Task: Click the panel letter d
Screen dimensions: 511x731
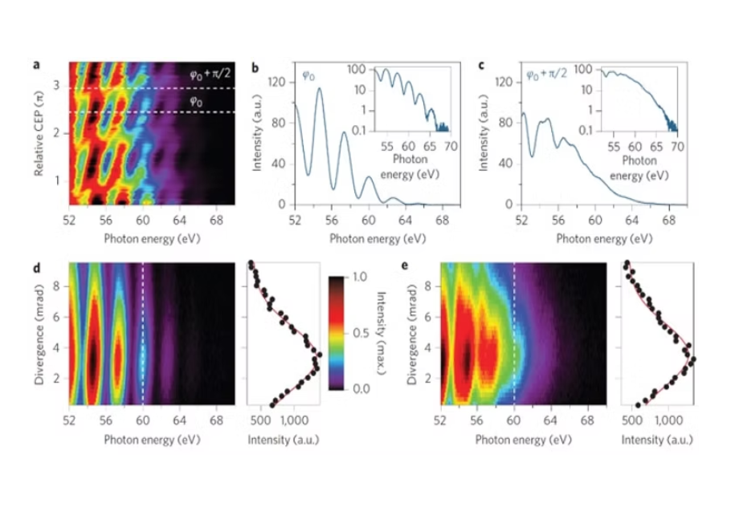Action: tap(37, 264)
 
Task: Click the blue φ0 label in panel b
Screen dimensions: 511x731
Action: tap(308, 76)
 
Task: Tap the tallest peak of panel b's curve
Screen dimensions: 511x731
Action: tap(319, 89)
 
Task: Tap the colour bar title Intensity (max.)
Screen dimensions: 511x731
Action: tap(381, 332)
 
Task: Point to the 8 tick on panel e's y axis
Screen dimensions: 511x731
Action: tap(430, 285)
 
